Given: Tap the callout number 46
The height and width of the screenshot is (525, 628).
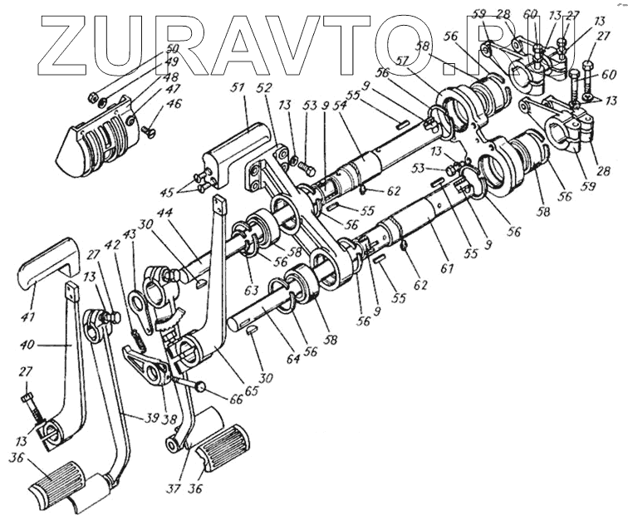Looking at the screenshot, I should (173, 105).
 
